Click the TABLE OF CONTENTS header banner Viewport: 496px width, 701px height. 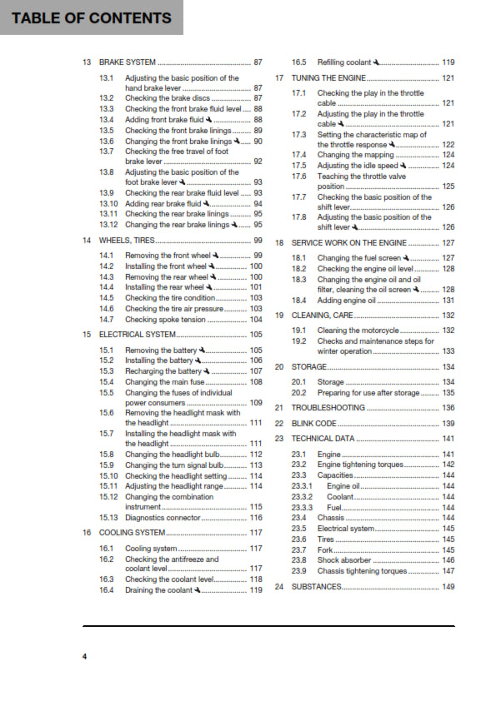pyautogui.click(x=92, y=17)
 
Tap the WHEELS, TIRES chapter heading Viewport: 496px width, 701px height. pyautogui.click(x=126, y=240)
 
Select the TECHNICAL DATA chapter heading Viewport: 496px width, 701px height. pyautogui.click(x=322, y=439)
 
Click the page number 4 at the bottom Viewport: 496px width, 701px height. pyautogui.click(x=84, y=658)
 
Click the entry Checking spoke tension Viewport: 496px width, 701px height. pyautogui.click(x=165, y=319)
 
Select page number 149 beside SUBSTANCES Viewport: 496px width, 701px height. pyautogui.click(x=448, y=587)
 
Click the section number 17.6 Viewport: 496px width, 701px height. pyautogui.click(x=298, y=176)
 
